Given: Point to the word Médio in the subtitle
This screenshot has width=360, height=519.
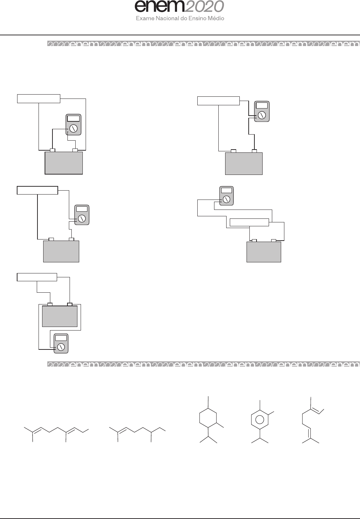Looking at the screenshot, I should tap(217, 18).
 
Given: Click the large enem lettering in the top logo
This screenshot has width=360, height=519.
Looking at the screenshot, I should tap(159, 7).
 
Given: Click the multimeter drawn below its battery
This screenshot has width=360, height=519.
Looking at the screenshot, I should tap(61, 344).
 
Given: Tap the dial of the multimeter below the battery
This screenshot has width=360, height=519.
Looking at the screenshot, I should tap(61, 347).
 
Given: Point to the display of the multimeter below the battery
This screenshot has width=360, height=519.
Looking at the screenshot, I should tap(61, 338).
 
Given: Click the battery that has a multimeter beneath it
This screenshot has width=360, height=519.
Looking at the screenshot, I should tap(60, 316).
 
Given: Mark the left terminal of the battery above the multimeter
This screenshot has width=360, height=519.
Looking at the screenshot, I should tap(50, 304).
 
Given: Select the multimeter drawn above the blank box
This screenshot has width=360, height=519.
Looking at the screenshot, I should tap(226, 196).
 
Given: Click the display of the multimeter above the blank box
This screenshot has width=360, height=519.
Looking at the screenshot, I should tap(226, 191).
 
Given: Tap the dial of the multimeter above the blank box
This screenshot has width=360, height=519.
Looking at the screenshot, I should tap(226, 199).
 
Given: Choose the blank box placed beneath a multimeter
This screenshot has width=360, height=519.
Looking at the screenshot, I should tap(249, 222).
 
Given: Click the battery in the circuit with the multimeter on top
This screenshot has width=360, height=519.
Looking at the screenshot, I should tap(264, 252).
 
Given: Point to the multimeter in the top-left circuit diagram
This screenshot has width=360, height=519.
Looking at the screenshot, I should tap(74, 125).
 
